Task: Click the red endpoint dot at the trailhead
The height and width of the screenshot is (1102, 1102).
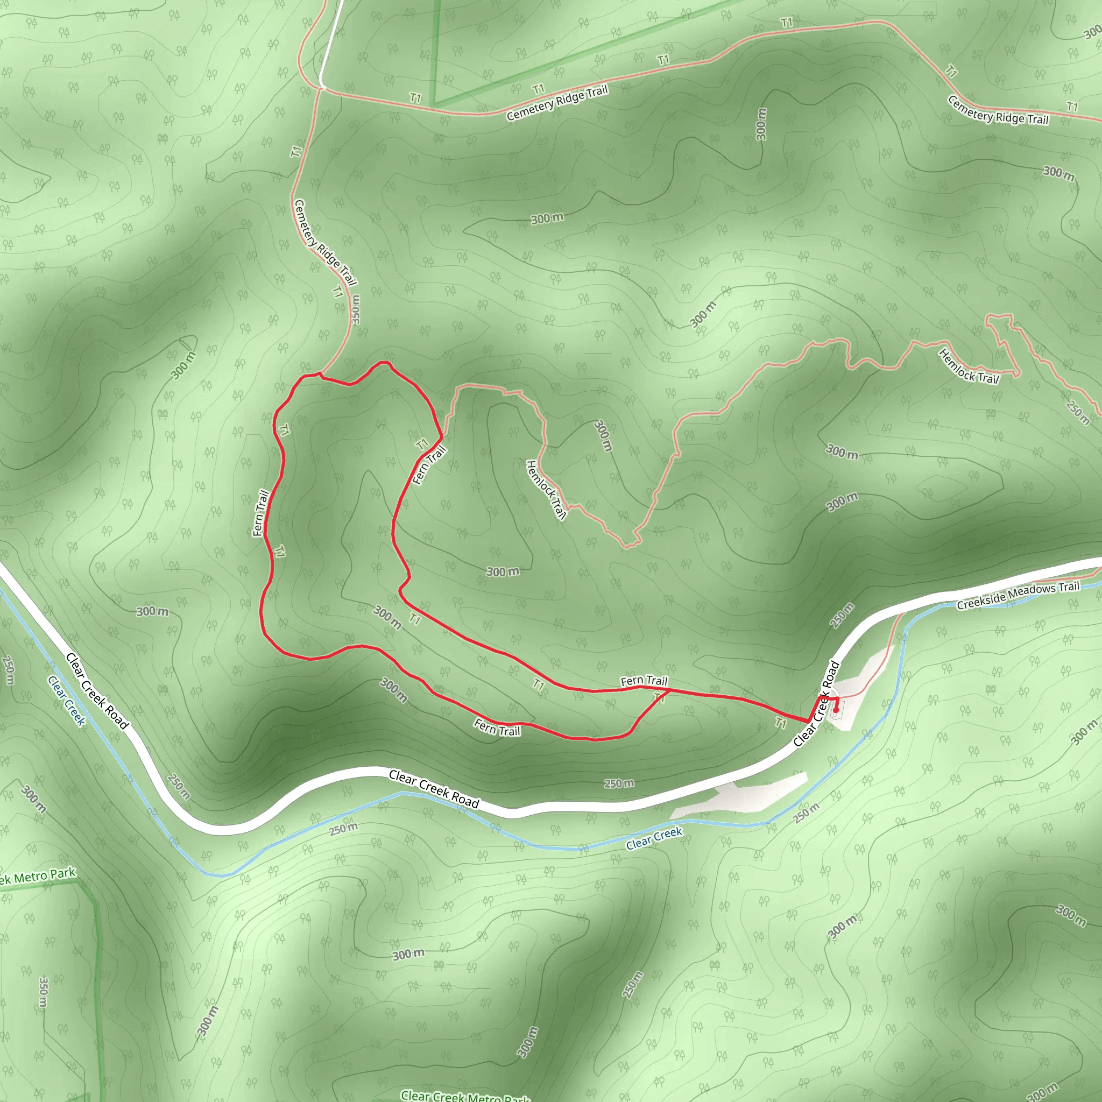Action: click(836, 710)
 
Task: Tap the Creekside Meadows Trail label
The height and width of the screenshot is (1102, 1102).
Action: click(1018, 596)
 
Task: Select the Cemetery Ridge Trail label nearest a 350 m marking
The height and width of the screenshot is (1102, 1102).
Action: click(325, 243)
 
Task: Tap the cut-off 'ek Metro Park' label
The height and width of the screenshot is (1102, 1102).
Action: click(38, 875)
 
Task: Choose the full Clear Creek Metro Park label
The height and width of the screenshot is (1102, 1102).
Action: click(465, 1096)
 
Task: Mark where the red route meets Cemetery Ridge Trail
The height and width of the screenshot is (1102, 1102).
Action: click(321, 375)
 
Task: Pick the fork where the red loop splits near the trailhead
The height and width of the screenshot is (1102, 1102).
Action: click(669, 690)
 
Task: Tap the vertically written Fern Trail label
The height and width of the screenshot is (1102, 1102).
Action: click(260, 513)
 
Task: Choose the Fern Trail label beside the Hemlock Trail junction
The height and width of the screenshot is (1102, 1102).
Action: click(429, 465)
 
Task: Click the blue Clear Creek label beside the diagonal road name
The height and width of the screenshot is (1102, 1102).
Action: click(66, 701)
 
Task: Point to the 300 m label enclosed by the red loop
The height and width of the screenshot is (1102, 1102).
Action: click(387, 617)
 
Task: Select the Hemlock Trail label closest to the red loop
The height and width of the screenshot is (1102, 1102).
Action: click(546, 490)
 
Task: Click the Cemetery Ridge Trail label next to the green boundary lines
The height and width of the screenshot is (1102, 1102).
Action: click(557, 103)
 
